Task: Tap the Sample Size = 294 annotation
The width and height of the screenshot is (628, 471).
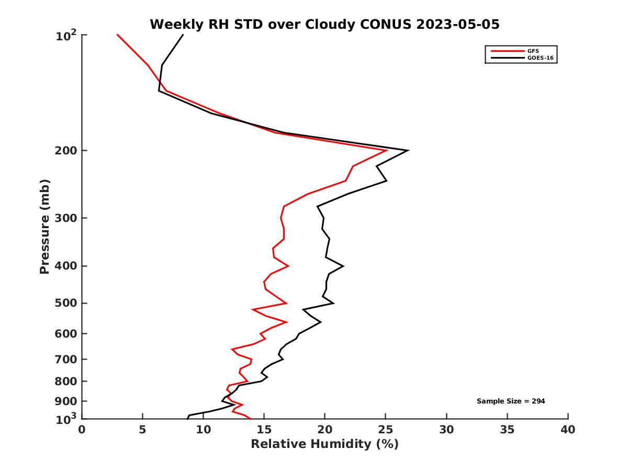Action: (x=511, y=401)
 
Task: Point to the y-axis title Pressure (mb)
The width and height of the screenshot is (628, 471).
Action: (x=44, y=226)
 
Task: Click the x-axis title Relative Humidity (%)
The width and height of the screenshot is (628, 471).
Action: (x=324, y=444)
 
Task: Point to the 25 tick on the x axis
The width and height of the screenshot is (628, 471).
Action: (x=386, y=430)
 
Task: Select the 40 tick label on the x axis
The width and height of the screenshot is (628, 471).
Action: (x=568, y=430)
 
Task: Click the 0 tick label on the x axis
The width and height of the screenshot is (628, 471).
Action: (x=82, y=430)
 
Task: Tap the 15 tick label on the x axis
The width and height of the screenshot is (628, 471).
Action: (x=264, y=430)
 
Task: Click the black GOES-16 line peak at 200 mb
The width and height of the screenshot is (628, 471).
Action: (x=408, y=150)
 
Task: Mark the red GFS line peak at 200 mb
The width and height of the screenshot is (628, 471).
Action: (x=386, y=150)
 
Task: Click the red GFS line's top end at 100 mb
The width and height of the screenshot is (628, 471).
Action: (x=117, y=35)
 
